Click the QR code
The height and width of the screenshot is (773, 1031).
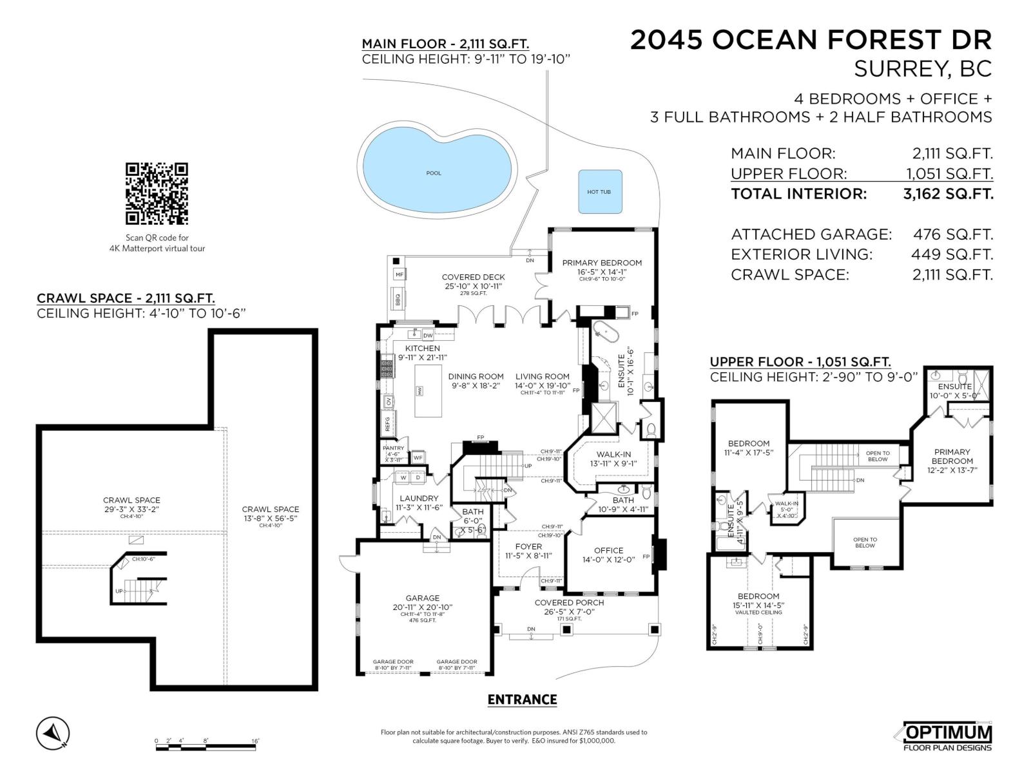(x=157, y=194)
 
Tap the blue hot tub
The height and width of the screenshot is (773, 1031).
(x=600, y=191)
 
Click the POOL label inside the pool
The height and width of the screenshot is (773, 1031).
(x=434, y=173)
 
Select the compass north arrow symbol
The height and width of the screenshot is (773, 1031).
(x=53, y=733)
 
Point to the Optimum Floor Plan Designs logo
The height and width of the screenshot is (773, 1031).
(x=947, y=736)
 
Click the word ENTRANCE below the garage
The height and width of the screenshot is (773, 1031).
(x=522, y=700)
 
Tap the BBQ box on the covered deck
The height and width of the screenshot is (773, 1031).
(x=398, y=299)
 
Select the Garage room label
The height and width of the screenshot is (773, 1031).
(x=422, y=598)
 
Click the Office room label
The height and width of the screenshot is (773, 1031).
(x=608, y=550)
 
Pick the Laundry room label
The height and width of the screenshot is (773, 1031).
(x=419, y=498)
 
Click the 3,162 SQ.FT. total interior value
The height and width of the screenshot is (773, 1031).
(x=948, y=194)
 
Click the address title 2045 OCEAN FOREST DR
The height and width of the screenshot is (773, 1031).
(x=811, y=40)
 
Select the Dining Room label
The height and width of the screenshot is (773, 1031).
(x=476, y=376)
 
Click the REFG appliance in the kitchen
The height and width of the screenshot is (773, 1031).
(x=389, y=423)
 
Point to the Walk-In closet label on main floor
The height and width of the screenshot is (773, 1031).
(x=613, y=454)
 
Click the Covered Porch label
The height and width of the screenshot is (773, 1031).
(x=569, y=602)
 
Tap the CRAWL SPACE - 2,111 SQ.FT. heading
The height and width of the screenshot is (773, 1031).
(x=126, y=298)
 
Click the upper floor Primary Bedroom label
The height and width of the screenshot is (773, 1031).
(x=952, y=456)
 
